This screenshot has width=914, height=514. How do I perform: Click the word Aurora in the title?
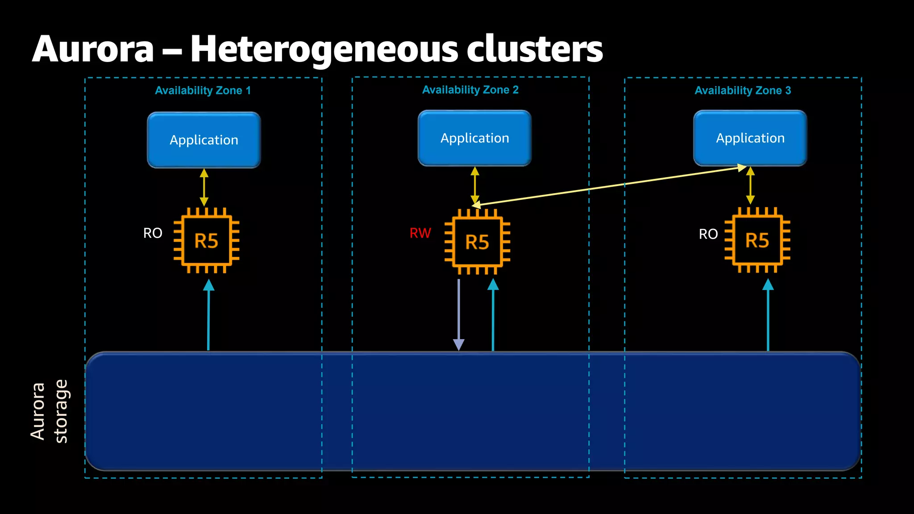click(x=93, y=49)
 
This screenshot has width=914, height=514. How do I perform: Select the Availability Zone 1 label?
click(x=203, y=91)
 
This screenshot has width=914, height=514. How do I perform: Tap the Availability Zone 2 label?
click(x=470, y=90)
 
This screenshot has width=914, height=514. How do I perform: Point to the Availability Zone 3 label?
click(x=743, y=91)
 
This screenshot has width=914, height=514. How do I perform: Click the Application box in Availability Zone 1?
click(x=204, y=140)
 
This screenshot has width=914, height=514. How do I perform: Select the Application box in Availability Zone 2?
click(x=474, y=138)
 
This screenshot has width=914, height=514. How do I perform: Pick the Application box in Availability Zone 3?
click(x=750, y=138)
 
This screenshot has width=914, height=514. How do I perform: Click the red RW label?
click(x=420, y=233)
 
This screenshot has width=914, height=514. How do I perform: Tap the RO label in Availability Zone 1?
click(x=153, y=233)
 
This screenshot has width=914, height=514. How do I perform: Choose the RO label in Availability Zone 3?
click(x=708, y=234)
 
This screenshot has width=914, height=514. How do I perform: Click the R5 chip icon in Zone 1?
click(x=206, y=240)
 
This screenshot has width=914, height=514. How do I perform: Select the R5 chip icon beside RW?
click(x=477, y=242)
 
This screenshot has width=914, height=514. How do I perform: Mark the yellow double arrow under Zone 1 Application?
click(x=204, y=187)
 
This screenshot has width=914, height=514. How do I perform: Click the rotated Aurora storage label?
click(x=49, y=411)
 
